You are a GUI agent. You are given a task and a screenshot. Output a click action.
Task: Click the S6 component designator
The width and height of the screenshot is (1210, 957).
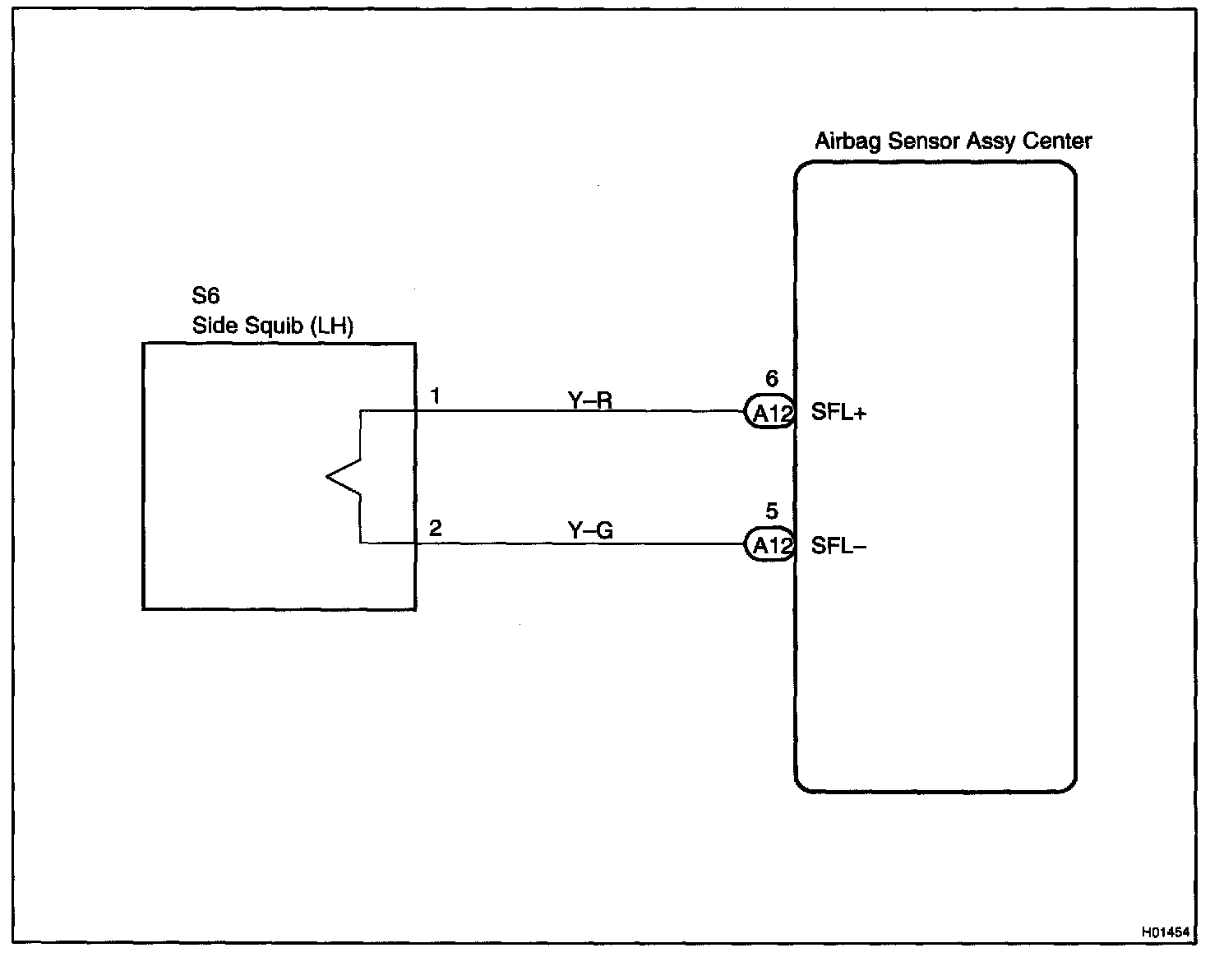(206, 295)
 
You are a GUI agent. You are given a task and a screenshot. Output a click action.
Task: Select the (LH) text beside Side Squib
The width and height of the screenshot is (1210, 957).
(331, 326)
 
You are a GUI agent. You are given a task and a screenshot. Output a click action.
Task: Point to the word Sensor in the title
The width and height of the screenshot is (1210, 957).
(923, 141)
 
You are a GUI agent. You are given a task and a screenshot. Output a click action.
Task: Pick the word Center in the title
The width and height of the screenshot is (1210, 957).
(1057, 141)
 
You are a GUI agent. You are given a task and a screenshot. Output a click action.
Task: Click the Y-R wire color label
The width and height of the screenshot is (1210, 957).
(590, 400)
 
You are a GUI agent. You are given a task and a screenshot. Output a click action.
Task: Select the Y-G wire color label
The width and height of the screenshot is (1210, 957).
(590, 531)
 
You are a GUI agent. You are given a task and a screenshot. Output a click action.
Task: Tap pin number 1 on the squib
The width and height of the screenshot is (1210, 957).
(436, 396)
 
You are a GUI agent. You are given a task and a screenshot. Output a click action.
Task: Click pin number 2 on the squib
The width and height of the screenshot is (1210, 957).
(436, 528)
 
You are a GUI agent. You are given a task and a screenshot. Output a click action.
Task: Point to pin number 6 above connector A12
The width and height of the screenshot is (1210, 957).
(771, 378)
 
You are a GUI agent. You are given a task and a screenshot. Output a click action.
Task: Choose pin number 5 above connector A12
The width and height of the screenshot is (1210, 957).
(771, 511)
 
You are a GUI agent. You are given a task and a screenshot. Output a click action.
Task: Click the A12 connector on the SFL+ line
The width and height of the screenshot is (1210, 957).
(770, 413)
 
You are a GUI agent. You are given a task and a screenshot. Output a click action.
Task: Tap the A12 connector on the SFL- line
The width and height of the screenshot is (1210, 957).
(770, 545)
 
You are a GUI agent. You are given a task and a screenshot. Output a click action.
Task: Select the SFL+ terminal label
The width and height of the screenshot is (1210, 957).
(838, 413)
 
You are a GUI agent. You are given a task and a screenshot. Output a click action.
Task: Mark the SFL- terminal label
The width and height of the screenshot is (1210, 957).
(838, 546)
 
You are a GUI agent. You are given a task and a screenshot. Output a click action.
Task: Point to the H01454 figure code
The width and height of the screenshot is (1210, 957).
(1165, 932)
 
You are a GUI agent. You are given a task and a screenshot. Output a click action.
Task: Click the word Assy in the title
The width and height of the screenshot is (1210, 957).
(992, 141)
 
